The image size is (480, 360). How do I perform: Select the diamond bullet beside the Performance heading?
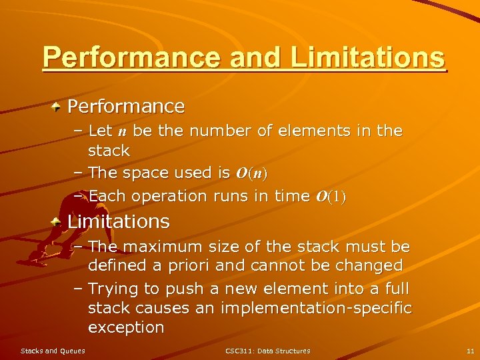coord(58,106)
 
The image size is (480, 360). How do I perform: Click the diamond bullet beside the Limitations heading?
coord(58,221)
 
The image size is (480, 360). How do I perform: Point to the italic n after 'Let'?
coord(123,131)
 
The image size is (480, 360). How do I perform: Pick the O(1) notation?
coord(331,197)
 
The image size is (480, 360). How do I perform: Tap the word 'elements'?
coord(288,131)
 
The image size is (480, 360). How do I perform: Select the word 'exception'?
coord(126,327)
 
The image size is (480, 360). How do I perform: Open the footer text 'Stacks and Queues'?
coord(53,351)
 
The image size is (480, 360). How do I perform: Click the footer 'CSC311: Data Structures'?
coord(267,351)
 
